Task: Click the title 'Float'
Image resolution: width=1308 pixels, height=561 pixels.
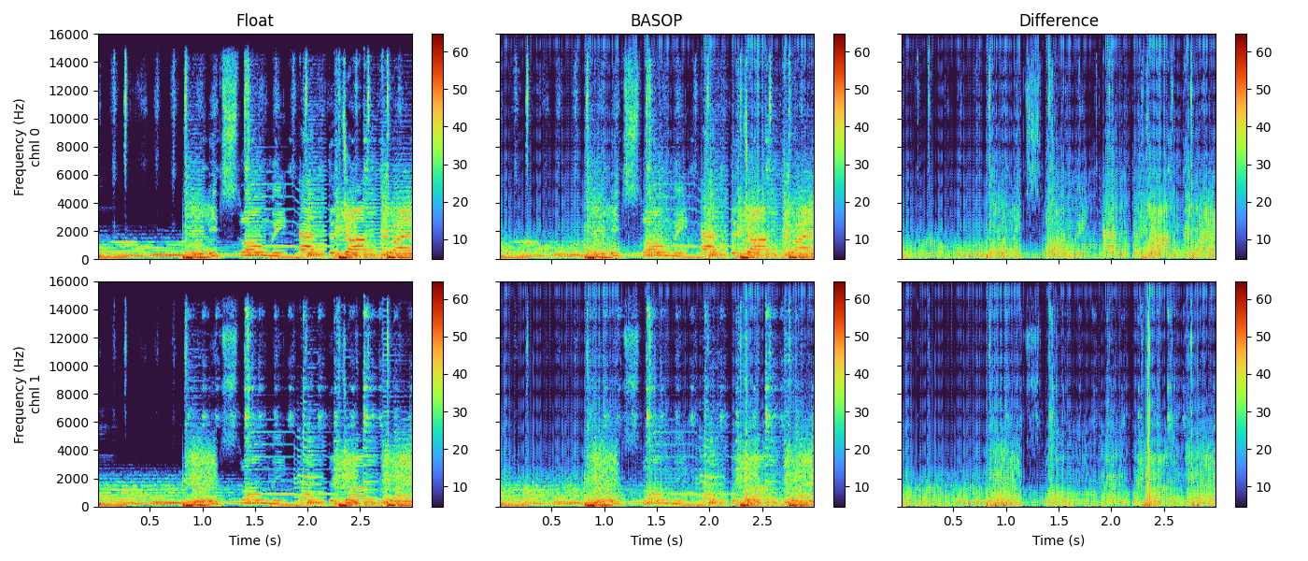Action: tap(254, 21)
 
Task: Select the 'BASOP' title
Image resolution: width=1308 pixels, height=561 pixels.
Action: tap(656, 21)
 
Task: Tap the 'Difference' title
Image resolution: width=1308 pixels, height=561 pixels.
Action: tap(1059, 21)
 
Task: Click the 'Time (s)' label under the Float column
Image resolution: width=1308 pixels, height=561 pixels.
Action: tap(254, 540)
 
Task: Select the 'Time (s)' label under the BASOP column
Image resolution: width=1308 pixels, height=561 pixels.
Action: tap(656, 540)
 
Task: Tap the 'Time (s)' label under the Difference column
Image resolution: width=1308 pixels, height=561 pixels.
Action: tap(1059, 540)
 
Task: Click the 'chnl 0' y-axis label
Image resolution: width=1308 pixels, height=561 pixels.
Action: tap(36, 147)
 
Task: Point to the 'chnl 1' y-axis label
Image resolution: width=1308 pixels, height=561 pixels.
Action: tap(36, 394)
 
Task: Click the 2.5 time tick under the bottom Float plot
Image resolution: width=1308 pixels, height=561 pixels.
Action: tap(360, 521)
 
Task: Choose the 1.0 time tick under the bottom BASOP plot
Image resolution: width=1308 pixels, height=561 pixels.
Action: tap(604, 521)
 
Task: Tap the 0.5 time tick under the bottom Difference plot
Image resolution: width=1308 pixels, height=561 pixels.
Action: tap(953, 521)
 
